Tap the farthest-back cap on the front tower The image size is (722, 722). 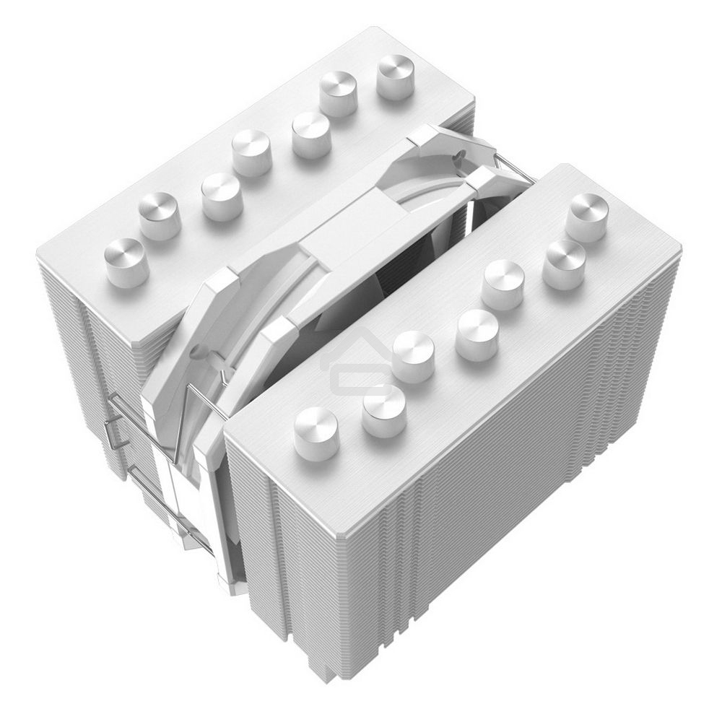(586, 216)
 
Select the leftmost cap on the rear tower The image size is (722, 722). (126, 262)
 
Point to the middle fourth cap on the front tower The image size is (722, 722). (477, 335)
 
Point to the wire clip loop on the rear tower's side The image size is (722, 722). (116, 433)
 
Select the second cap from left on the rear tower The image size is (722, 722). (160, 216)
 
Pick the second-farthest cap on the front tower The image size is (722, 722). (564, 264)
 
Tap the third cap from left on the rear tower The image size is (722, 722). (220, 196)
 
